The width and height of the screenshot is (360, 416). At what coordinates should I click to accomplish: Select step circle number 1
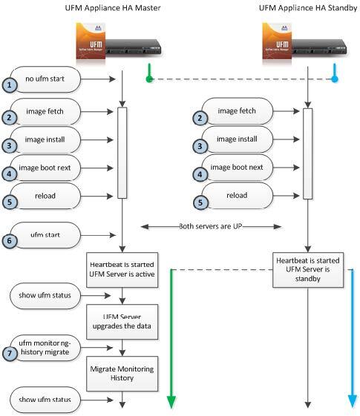9,85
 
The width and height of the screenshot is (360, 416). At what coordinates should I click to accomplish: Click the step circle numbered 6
9,241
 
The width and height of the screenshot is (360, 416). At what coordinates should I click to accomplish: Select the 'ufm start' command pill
48,237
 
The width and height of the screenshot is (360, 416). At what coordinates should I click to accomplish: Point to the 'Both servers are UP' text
212,227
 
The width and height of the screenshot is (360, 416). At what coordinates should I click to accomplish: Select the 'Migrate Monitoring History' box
122,374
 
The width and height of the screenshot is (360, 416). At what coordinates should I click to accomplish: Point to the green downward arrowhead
171,401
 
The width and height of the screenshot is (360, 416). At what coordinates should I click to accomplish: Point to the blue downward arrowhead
352,401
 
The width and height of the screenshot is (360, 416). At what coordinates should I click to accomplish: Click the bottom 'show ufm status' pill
48,400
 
